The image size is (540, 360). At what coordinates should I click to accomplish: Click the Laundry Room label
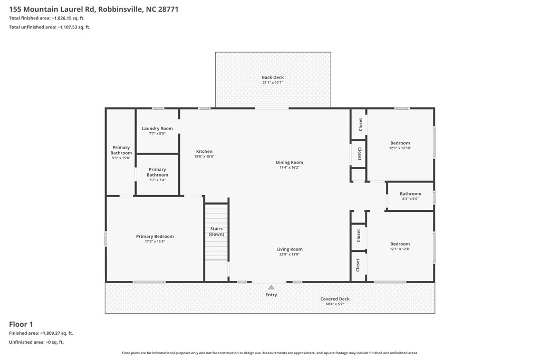tap(157, 129)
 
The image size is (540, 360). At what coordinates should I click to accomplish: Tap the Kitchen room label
tap(204, 151)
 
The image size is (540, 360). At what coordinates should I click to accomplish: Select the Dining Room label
tap(290, 162)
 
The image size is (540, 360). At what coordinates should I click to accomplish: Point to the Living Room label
tap(290, 249)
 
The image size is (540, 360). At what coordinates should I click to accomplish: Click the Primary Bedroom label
tap(155, 236)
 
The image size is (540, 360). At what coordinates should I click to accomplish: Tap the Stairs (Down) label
tap(216, 231)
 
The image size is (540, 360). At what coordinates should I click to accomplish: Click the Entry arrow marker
tap(272, 287)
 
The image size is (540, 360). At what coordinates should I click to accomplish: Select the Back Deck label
tap(273, 77)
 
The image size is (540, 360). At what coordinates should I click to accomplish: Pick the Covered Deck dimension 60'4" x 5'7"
tap(335, 304)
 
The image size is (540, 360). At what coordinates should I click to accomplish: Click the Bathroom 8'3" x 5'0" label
tap(410, 196)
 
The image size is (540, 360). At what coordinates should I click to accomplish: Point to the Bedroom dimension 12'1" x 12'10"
tap(400, 148)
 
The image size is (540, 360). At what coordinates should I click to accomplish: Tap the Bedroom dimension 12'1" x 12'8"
tap(400, 249)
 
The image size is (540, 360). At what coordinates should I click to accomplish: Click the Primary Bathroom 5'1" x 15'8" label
tap(121, 152)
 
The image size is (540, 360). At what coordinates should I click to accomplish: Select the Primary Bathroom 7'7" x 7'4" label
tap(157, 174)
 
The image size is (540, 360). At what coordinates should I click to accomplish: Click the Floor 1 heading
tap(21, 324)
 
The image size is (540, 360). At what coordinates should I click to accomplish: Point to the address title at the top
tap(94, 9)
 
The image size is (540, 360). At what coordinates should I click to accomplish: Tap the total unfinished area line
tap(50, 27)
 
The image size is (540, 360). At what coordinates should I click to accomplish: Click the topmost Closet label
tap(360, 124)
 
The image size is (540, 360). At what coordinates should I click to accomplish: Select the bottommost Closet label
tap(358, 265)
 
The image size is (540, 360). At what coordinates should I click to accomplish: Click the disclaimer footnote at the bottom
tap(270, 353)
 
